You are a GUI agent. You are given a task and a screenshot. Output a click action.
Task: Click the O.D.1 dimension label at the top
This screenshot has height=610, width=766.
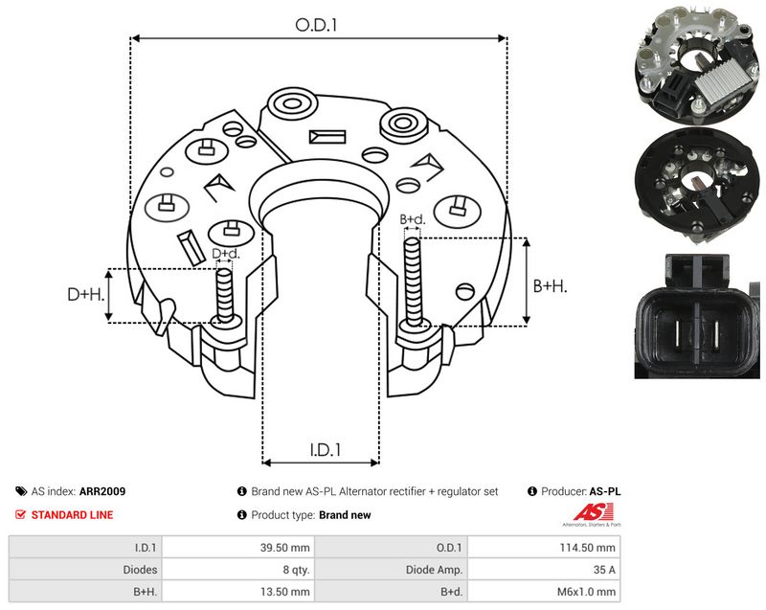(x=316, y=25)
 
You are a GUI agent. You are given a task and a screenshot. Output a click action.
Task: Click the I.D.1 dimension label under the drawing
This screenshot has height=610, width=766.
(x=326, y=449)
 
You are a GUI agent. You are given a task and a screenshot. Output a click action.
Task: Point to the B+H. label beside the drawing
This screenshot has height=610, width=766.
(x=550, y=285)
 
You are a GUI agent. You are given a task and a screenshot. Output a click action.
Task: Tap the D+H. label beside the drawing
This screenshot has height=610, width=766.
(x=86, y=294)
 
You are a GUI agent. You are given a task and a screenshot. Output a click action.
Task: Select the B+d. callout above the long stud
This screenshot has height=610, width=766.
(x=413, y=219)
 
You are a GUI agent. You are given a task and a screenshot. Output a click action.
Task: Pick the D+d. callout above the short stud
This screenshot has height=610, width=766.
(x=226, y=254)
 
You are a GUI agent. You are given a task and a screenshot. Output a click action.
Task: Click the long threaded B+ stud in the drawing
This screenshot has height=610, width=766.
(x=414, y=282)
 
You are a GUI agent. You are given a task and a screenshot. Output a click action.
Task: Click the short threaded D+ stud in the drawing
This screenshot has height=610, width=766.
(x=225, y=296)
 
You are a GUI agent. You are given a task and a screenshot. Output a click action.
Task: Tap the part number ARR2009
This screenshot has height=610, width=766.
(x=102, y=491)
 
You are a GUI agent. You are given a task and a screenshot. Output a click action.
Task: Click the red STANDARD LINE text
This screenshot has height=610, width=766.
(x=73, y=515)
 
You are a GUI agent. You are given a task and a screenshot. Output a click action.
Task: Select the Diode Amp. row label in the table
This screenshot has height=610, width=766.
(x=434, y=570)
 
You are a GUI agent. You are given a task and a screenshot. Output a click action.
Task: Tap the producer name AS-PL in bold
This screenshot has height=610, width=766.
(x=605, y=491)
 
